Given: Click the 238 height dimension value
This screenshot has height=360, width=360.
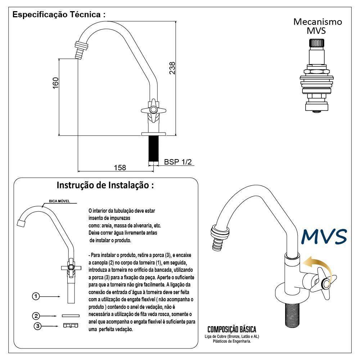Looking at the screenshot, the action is click(172, 68).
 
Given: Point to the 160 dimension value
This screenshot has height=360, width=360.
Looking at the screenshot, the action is click(55, 83).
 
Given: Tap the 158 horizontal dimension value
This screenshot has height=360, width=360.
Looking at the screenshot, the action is click(120, 168).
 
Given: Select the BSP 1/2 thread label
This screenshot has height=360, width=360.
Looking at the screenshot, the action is click(178, 162).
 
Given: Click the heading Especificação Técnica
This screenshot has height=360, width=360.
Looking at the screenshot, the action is click(59, 15).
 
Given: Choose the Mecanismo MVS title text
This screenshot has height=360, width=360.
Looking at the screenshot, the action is click(318, 26).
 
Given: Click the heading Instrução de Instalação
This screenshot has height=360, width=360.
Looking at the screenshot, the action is click(105, 185).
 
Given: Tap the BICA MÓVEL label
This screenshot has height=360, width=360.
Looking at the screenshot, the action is click(59, 201).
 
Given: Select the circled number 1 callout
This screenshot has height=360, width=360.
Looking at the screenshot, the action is click(36, 296).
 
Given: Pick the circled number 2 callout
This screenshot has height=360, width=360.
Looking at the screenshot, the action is click(36, 316).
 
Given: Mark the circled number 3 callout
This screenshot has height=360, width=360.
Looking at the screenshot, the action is click(38, 326).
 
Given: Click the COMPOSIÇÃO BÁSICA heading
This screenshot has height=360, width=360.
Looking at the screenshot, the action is click(231, 329).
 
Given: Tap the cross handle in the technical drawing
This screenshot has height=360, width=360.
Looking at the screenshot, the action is click(153, 110).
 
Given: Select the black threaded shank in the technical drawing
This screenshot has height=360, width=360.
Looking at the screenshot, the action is click(153, 149).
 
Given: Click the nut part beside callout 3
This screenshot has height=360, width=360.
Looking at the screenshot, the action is click(71, 325).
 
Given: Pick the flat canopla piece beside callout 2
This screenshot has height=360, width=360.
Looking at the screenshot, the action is click(71, 316).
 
